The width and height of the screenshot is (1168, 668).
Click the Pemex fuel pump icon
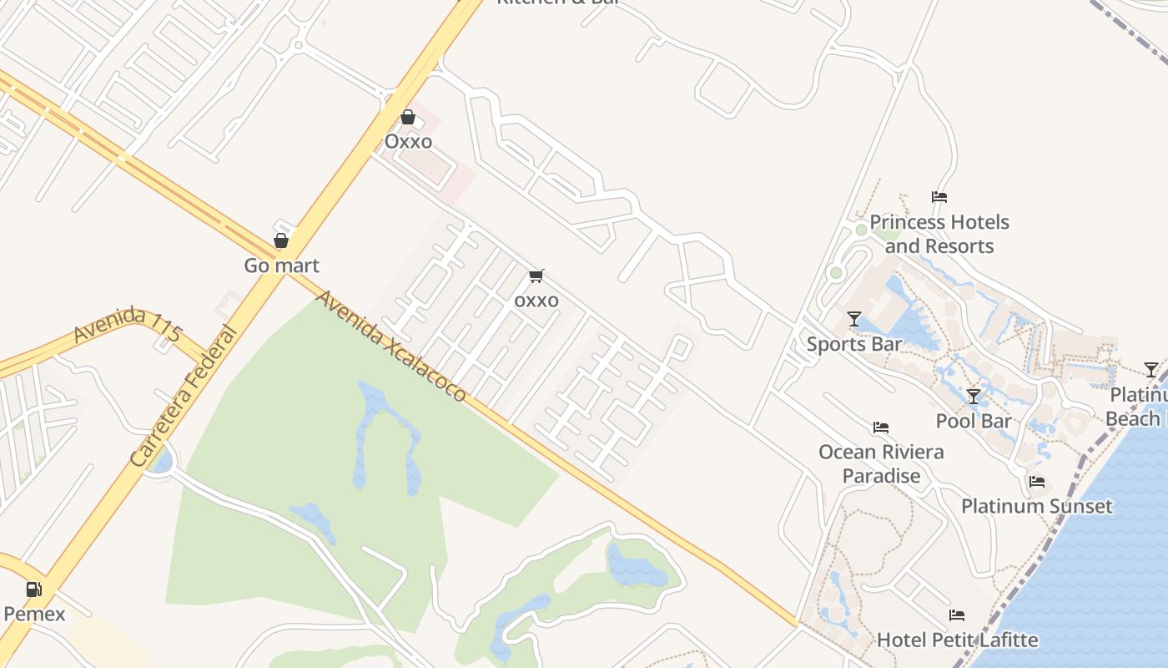[33, 590]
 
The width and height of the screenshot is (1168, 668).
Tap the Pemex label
[34, 615]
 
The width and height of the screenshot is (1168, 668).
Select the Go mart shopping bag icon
[281, 240]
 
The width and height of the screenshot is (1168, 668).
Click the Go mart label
[281, 266]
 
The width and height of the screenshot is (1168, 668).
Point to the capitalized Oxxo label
[408, 141]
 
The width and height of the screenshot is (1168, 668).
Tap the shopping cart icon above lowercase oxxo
[536, 276]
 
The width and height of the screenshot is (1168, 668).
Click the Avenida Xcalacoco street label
[390, 346]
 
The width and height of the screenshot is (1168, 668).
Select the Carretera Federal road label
[184, 397]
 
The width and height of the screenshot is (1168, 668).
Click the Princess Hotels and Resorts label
[939, 234]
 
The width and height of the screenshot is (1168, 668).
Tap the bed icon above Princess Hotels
[939, 198]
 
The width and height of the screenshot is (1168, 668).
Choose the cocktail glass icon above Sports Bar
[853, 319]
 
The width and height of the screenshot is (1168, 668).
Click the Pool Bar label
[974, 421]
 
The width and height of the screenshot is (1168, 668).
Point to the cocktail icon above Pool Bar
[974, 396]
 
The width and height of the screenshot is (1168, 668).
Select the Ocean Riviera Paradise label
[881, 463]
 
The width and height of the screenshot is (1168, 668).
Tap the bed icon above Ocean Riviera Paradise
[881, 428]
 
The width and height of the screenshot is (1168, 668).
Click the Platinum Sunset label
[1037, 506]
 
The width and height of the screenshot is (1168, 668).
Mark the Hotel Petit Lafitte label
[957, 640]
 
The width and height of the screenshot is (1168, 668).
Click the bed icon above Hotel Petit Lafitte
[957, 615]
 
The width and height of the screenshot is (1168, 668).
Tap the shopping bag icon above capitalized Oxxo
[408, 117]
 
